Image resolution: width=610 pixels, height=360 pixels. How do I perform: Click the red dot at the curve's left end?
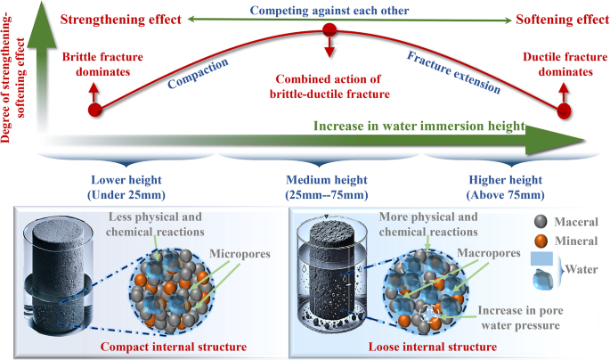pyautogui.click(x=94, y=111)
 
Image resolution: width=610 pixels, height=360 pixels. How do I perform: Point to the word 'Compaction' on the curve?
pyautogui.click(x=198, y=75)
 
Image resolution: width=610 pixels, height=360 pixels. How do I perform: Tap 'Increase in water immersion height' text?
pyautogui.click(x=419, y=127)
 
